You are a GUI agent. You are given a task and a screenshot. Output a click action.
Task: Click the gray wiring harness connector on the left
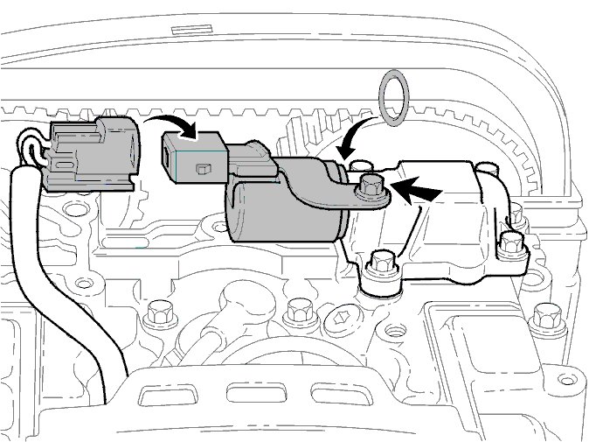pyautogui.click(x=91, y=153)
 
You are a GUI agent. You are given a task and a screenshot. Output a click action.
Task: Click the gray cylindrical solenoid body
pyautogui.click(x=284, y=214)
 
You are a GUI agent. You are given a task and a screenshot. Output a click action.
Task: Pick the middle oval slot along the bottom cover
pyautogui.click(x=251, y=392)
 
